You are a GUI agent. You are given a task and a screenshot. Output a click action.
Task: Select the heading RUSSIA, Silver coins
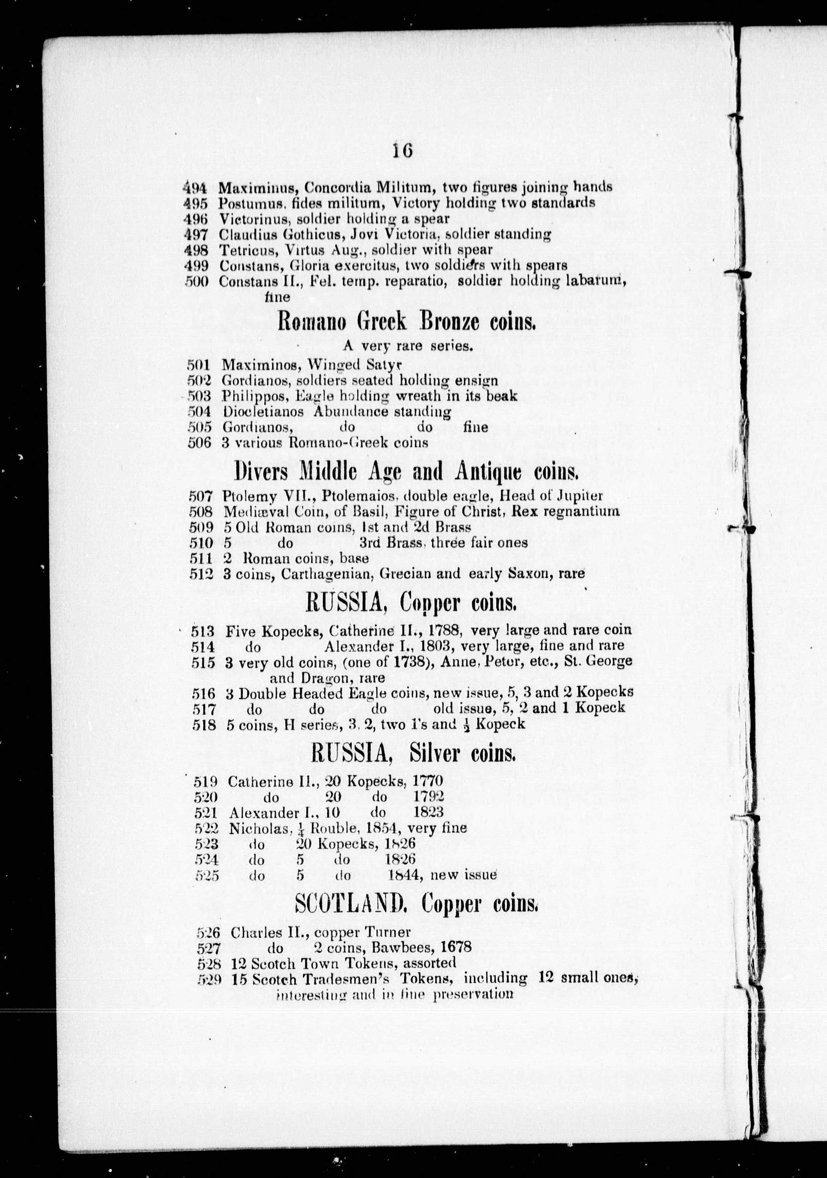413,754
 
